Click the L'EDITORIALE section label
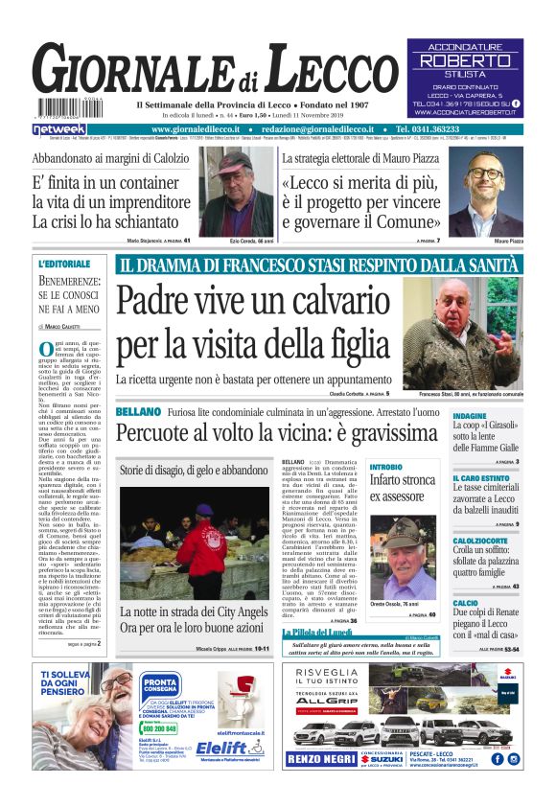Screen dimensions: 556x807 [64, 263]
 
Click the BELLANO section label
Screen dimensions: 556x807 [138, 411]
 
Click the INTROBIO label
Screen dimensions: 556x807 [386, 466]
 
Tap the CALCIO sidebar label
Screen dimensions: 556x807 [466, 603]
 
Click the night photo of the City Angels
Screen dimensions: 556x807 [193, 537]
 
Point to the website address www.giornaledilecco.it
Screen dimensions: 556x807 [207, 129]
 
